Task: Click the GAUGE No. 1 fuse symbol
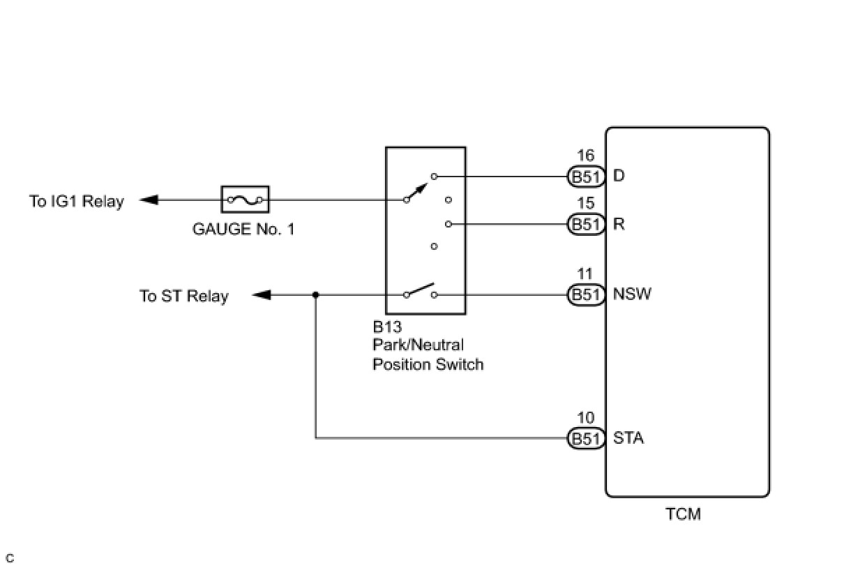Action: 245,200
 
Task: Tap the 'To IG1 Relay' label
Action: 77,201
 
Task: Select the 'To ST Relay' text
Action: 184,296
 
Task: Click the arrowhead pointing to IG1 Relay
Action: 149,200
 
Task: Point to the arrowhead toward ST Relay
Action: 261,294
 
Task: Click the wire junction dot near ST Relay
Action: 316,294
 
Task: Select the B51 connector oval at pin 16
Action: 587,177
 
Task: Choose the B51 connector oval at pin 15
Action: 587,224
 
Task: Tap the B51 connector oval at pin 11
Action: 587,294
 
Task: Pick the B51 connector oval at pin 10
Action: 587,438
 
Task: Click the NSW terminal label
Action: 632,294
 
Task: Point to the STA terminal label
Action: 628,438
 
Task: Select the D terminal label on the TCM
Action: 619,176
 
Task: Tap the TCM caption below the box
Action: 683,514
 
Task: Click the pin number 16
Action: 586,156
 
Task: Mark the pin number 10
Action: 586,417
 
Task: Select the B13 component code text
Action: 387,327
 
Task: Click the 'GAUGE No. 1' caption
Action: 243,229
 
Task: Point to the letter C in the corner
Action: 10,558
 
